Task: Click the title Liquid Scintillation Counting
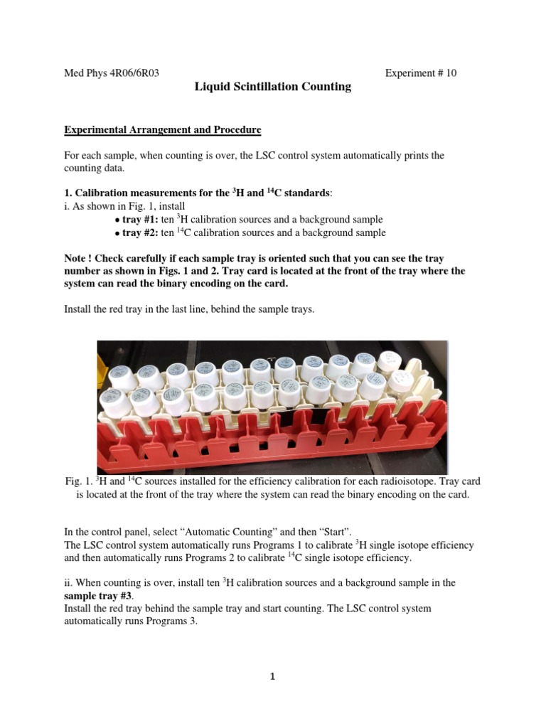tap(273, 87)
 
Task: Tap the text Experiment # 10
tap(420, 73)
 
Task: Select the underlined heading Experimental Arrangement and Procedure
tap(163, 130)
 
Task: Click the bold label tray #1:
tap(140, 220)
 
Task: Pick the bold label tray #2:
tap(140, 232)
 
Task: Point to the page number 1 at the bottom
tap(272, 676)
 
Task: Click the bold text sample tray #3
tap(101, 596)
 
